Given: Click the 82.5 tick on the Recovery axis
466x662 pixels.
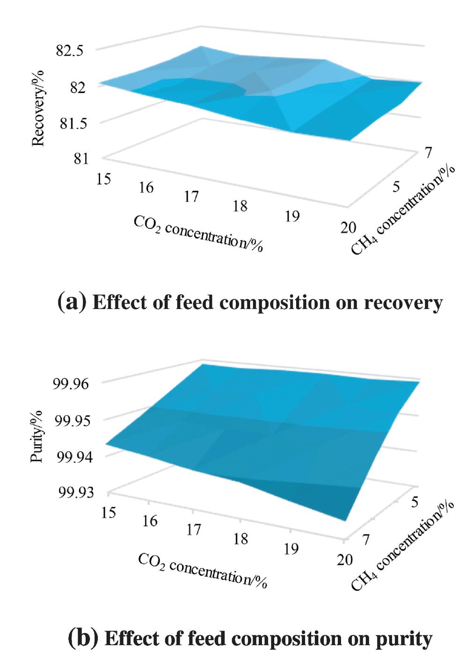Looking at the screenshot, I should (x=70, y=51).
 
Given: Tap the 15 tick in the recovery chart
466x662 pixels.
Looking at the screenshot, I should (x=103, y=179).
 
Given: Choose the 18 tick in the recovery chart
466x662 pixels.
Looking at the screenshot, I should (x=240, y=206).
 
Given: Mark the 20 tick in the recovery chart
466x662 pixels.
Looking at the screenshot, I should (x=347, y=228).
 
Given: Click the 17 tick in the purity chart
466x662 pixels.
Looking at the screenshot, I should (x=193, y=530).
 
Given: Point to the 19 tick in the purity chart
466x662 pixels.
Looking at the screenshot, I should (x=291, y=548).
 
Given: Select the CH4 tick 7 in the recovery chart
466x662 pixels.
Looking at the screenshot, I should (x=428, y=152).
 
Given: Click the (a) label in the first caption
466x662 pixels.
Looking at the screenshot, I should (x=72, y=302).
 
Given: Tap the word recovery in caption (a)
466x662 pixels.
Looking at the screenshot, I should (x=403, y=303).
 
